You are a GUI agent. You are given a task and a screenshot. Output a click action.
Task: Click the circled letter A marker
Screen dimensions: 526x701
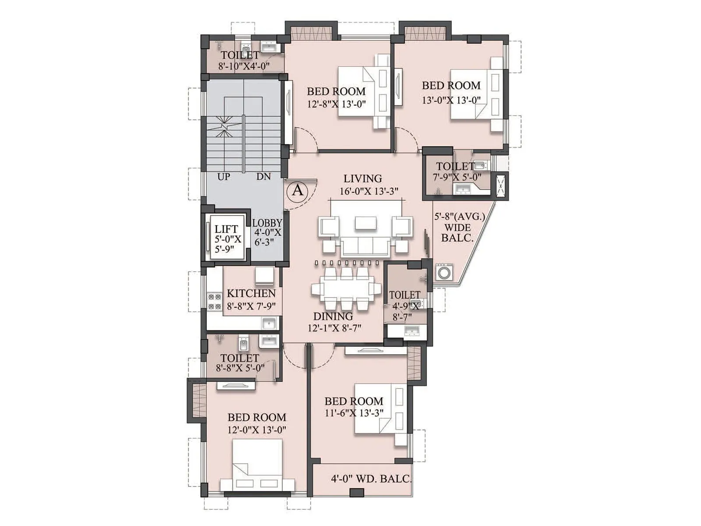click(x=297, y=190)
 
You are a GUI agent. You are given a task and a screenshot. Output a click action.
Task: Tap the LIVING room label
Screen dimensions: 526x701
click(x=362, y=179)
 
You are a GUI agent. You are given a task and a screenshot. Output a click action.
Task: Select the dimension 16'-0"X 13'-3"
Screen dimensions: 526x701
click(x=369, y=192)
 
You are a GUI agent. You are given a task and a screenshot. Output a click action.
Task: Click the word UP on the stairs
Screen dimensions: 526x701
click(x=223, y=177)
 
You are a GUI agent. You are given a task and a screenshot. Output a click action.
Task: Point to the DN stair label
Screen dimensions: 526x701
click(x=264, y=177)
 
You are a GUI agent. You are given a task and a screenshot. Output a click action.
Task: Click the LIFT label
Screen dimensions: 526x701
click(x=226, y=229)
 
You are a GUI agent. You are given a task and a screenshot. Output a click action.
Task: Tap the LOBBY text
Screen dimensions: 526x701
click(x=267, y=223)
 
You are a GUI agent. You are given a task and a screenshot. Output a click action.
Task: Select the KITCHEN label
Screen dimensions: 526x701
click(x=251, y=294)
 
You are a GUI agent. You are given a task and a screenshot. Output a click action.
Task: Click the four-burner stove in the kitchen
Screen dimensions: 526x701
click(x=215, y=302)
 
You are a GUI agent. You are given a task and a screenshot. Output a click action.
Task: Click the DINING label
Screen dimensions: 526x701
click(x=333, y=316)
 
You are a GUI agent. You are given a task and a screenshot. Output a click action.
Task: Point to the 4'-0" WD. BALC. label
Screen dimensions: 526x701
click(x=371, y=479)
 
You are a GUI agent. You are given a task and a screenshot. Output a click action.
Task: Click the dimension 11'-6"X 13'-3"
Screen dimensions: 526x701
click(x=354, y=413)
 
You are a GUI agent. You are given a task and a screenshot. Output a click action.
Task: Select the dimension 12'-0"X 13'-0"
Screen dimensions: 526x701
click(x=257, y=430)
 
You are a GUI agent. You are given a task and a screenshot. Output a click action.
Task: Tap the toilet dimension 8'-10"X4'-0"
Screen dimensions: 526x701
click(x=244, y=67)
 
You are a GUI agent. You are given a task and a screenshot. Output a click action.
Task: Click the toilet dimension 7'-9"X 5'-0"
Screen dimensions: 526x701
click(x=457, y=178)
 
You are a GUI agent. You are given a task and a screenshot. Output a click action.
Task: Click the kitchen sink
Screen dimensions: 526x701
click(x=269, y=324)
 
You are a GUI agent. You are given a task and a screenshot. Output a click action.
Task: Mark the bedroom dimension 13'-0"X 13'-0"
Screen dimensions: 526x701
click(x=451, y=100)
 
